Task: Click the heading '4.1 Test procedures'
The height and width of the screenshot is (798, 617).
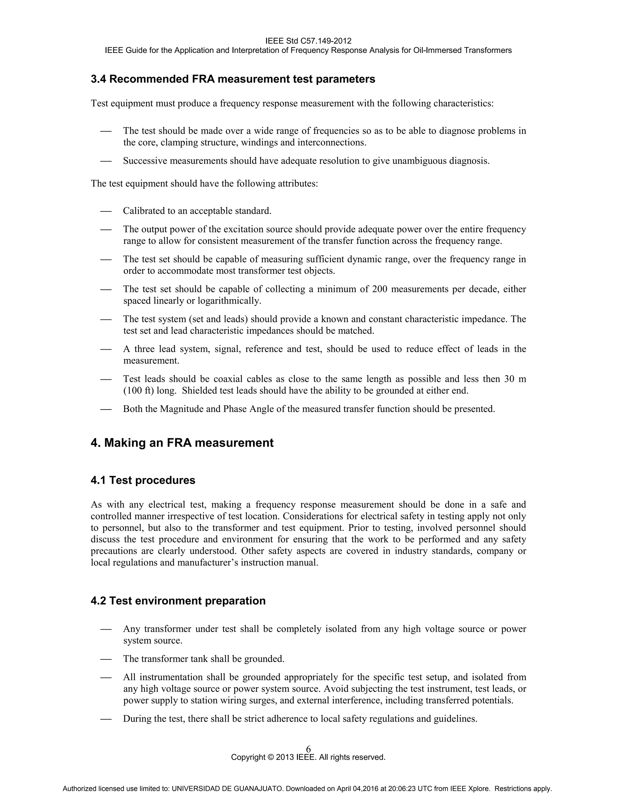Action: (143, 480)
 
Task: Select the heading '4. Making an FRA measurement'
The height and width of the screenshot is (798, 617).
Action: (182, 443)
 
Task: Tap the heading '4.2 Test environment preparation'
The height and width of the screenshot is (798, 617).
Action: (178, 601)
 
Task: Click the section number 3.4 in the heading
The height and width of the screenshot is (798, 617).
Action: (98, 79)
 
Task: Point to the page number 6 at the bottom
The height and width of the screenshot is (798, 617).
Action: (308, 749)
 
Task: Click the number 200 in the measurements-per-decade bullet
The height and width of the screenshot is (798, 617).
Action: (380, 289)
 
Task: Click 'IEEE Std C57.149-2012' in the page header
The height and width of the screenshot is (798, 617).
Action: (308, 41)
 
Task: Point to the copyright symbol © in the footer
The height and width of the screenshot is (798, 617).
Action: (271, 757)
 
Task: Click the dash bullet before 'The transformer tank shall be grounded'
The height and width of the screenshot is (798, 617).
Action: (106, 659)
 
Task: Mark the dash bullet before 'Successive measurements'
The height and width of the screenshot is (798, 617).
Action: (106, 161)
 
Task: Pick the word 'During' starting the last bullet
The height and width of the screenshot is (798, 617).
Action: (136, 719)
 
